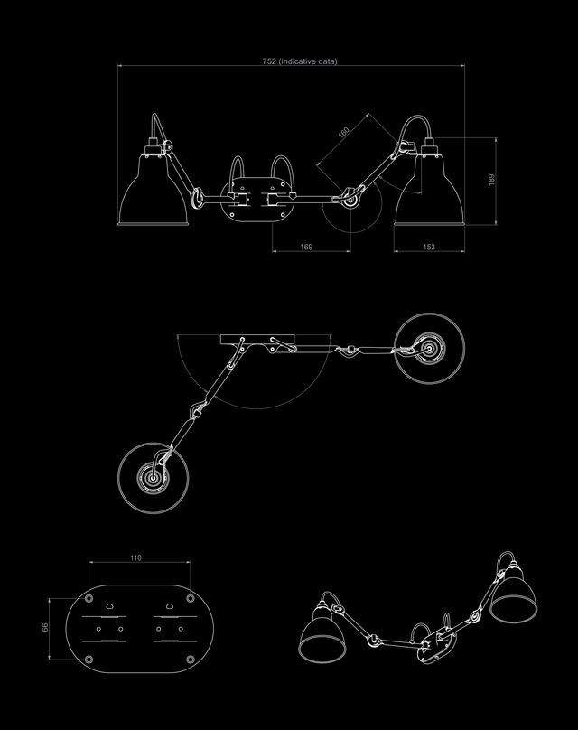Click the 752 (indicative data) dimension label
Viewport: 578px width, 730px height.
[x=300, y=61]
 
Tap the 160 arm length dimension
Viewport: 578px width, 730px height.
[x=343, y=132]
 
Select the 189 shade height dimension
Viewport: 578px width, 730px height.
[x=491, y=180]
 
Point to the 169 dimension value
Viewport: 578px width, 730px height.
[x=306, y=247]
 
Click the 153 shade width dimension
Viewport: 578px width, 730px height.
[x=429, y=247]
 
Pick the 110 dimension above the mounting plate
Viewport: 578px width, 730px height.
[x=135, y=557]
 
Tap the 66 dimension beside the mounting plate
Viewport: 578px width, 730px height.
[x=45, y=628]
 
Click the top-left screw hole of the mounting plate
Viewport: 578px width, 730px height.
[x=89, y=598]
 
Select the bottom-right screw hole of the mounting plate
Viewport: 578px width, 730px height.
[x=190, y=660]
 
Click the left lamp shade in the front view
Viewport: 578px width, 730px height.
[x=154, y=195]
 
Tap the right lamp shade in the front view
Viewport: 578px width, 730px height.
[x=430, y=195]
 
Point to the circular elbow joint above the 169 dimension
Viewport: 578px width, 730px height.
[x=350, y=200]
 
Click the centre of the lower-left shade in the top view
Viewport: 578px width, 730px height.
[x=154, y=478]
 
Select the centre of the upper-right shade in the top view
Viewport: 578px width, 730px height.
[x=430, y=348]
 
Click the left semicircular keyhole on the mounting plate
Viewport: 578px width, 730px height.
[x=110, y=605]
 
